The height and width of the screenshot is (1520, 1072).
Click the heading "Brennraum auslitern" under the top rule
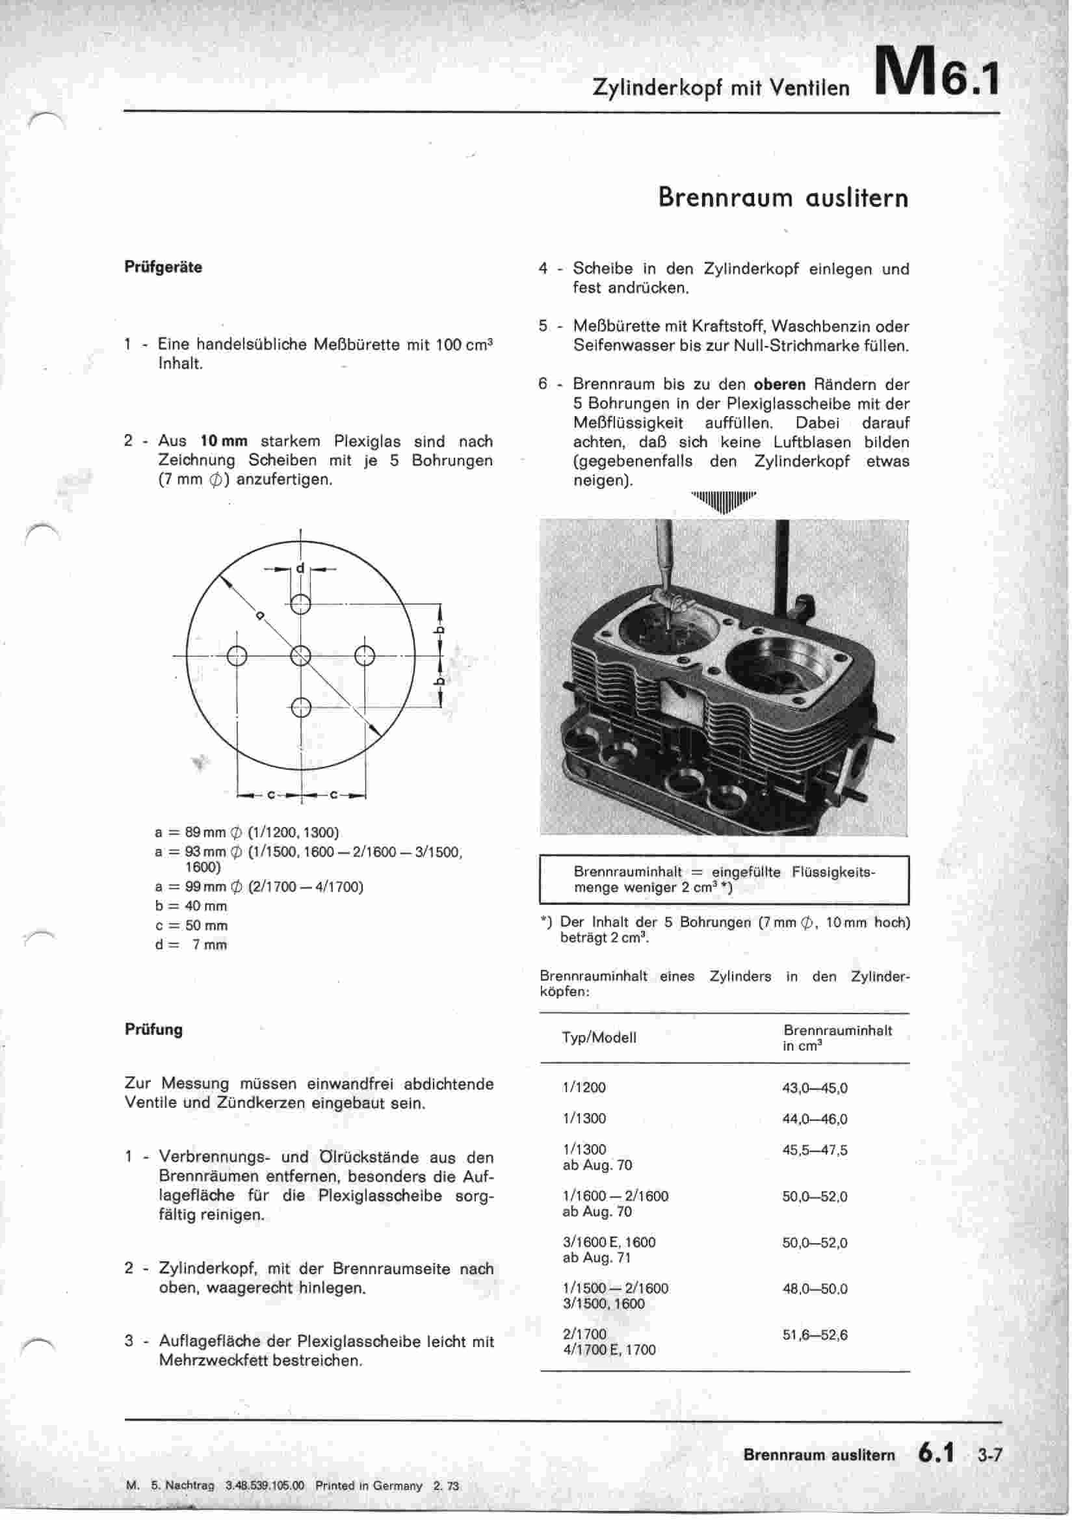783,197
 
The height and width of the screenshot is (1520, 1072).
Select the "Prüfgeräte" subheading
163,267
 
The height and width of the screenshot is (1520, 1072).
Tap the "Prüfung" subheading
153,1029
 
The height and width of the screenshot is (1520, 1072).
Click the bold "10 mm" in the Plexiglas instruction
224,441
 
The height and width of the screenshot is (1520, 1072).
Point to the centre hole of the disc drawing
300,656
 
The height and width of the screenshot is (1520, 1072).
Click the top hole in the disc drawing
300,604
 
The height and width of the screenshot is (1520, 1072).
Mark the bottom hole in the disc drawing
300,707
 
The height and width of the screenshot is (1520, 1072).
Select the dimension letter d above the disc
300,568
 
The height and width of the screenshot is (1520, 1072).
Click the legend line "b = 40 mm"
190,906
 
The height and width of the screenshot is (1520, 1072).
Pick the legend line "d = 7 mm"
190,945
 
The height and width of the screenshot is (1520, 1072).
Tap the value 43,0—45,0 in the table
815,1088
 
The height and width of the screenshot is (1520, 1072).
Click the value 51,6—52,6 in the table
815,1335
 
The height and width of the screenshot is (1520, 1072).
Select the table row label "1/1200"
584,1088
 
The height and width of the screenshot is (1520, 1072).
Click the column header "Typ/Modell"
599,1038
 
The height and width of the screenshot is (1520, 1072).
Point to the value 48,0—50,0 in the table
815,1289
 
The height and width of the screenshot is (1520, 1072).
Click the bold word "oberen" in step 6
779,385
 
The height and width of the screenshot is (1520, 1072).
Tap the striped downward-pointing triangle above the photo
723,502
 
